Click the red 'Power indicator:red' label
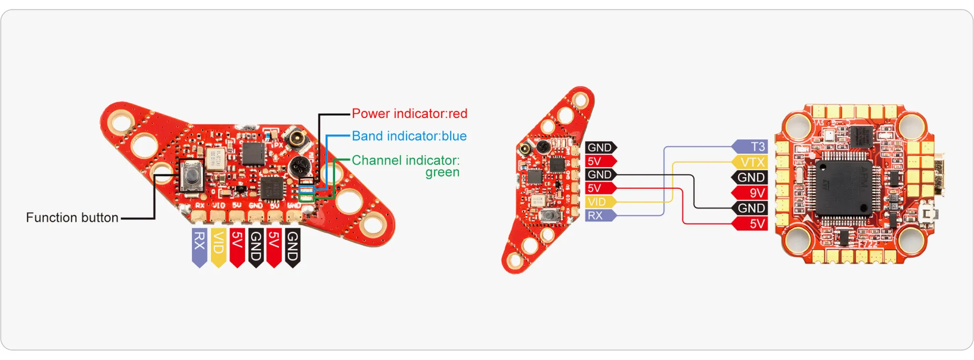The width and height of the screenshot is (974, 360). tap(409, 114)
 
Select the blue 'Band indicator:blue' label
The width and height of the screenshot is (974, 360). tap(409, 136)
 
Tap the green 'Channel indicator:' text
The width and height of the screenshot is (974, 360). tap(405, 160)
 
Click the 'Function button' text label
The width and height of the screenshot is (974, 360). tap(72, 218)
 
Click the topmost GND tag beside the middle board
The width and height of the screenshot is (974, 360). tap(600, 148)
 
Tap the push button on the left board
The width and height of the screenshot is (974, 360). tap(191, 176)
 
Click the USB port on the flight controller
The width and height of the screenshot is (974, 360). tap(938, 175)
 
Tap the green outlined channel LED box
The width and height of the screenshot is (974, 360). tap(306, 198)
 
